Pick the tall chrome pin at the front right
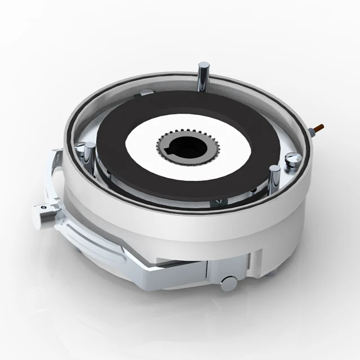[x=274, y=179]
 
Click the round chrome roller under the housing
[x=229, y=283]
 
